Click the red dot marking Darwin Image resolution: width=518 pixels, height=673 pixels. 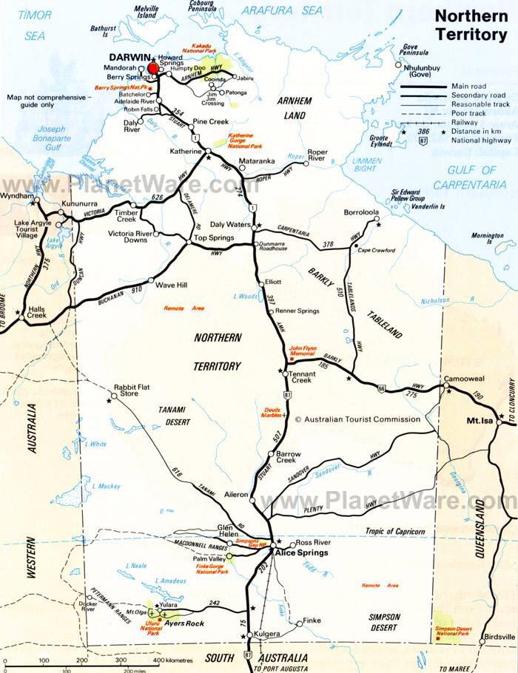153,69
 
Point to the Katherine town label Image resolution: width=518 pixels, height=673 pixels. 184,152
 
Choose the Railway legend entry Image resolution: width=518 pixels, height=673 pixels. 468,122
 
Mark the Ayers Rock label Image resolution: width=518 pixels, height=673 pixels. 183,623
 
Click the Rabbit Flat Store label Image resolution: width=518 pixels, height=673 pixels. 129,390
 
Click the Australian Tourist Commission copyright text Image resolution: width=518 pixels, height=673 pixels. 357,419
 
